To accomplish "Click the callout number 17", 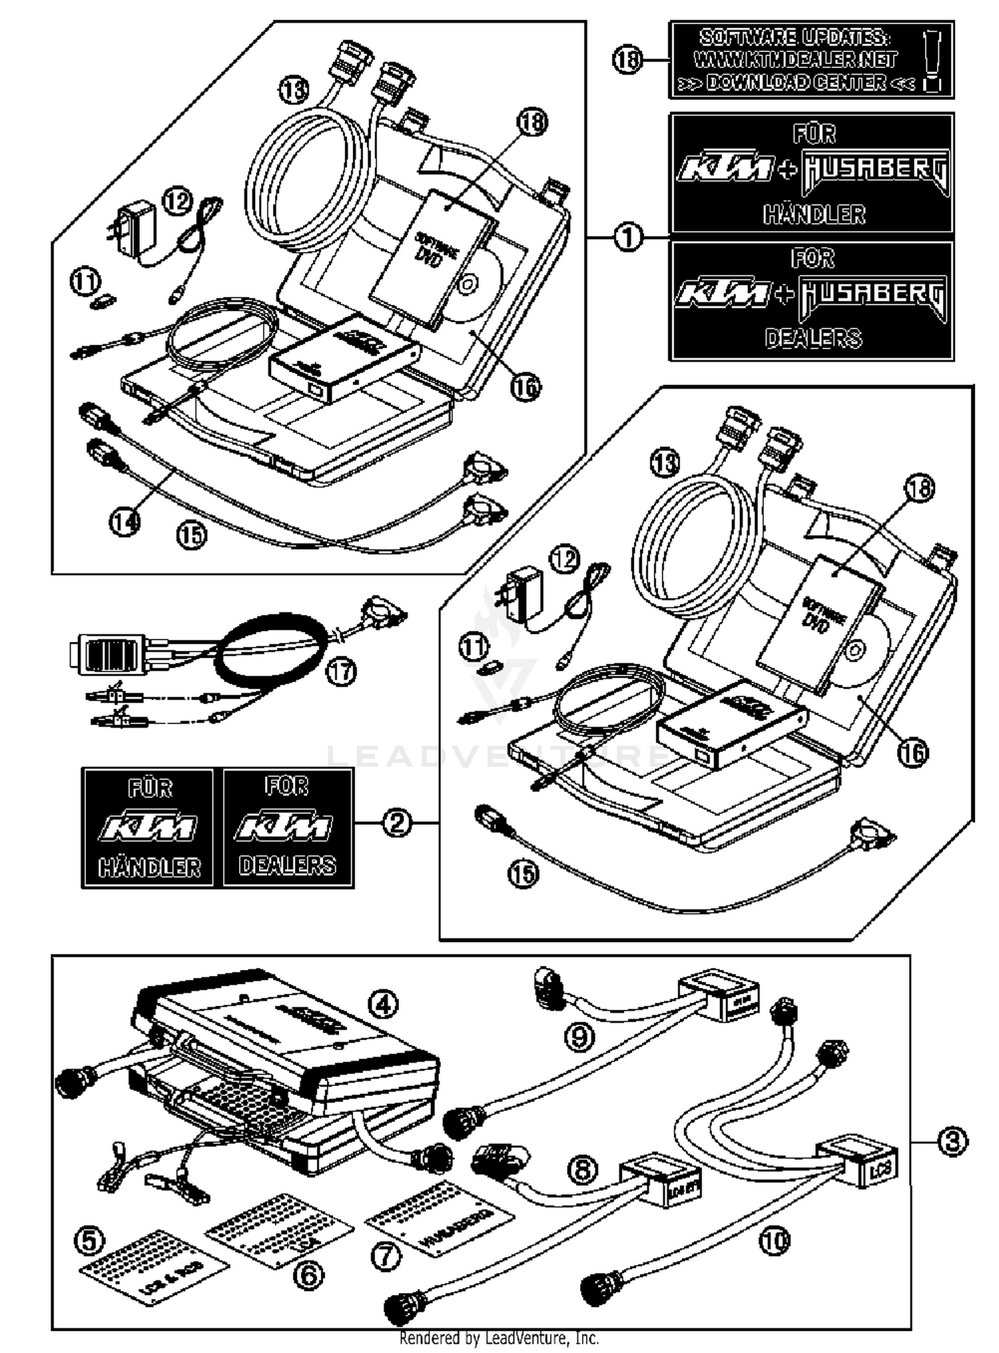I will pos(340,672).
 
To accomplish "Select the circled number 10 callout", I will pos(773,1240).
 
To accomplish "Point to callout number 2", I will pos(397,823).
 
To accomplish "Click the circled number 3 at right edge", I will pos(952,1142).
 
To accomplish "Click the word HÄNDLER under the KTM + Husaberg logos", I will pos(814,215).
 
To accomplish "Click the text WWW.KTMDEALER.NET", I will pos(795,60).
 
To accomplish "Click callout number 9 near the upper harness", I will pos(579,1037).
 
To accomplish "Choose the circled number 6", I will pos(308,1275).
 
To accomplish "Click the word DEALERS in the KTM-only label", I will pos(287,865).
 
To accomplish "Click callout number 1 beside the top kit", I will pos(627,237).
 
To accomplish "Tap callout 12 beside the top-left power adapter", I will pos(177,201).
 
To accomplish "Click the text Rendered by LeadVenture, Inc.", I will pos(499,1338).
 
